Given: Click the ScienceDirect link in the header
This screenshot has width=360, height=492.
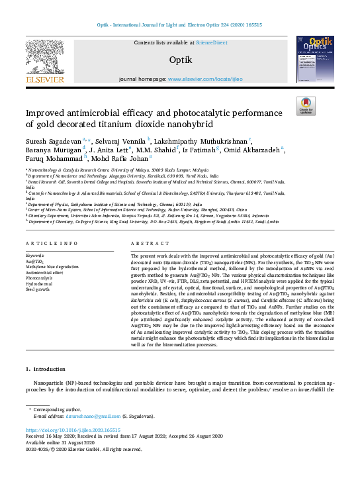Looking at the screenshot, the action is tap(212, 42).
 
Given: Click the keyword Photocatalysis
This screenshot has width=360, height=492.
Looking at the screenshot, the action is tap(41, 258).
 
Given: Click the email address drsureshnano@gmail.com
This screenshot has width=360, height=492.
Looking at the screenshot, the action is tap(90, 417).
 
